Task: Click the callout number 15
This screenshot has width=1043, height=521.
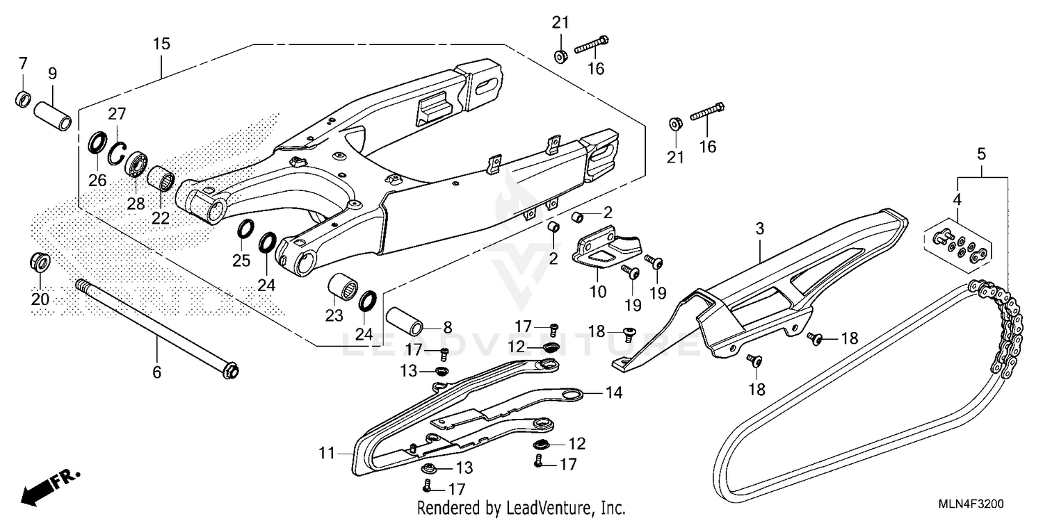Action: pos(161,44)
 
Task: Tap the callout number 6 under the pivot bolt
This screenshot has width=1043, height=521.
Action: pos(156,373)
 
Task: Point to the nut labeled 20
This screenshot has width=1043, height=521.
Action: pos(40,263)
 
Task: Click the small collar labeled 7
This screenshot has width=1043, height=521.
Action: pos(23,99)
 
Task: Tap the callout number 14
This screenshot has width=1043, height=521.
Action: pos(613,393)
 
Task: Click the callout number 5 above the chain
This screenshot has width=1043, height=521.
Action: pos(981,154)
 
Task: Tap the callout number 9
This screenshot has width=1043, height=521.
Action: pos(52,74)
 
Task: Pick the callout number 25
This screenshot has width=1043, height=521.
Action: pos(241,261)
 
